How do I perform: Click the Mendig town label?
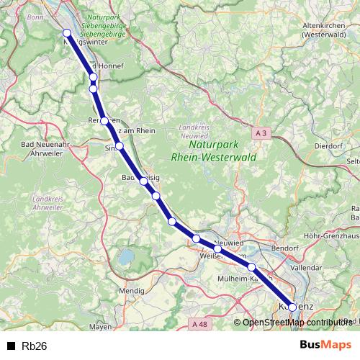click(131, 291)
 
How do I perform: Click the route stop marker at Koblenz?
click(292, 306)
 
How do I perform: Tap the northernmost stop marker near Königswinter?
click(67, 32)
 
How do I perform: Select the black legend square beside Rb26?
click(10, 346)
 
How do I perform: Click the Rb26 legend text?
click(35, 346)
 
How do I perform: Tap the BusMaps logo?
click(325, 345)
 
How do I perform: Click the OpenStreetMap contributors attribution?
click(297, 323)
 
